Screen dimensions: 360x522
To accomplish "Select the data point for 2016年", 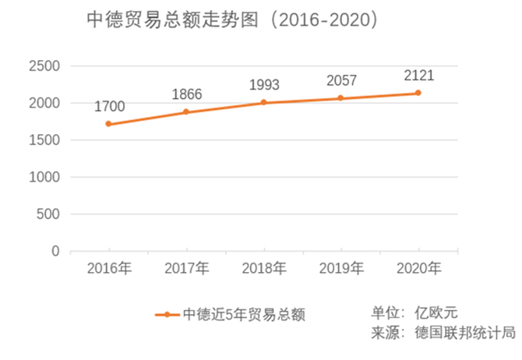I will (108, 124).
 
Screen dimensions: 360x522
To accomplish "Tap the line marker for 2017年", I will (185, 112).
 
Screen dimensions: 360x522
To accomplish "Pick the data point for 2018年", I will (263, 102).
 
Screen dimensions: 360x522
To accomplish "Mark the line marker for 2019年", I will (340, 98).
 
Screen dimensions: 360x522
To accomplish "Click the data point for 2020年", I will (418, 93).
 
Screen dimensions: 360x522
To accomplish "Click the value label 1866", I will (187, 95).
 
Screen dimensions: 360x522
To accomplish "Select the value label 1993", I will (264, 84).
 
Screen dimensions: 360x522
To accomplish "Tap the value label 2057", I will (342, 80).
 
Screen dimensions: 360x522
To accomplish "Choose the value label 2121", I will (419, 76).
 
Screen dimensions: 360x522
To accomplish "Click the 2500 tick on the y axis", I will (44, 66).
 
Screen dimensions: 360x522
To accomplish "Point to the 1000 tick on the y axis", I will (44, 177).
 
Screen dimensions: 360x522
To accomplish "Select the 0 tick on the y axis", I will (55, 251).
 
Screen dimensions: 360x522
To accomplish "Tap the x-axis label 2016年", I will (109, 269).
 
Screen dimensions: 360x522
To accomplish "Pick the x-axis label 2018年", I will (264, 269).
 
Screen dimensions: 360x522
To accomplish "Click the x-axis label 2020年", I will (419, 269).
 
